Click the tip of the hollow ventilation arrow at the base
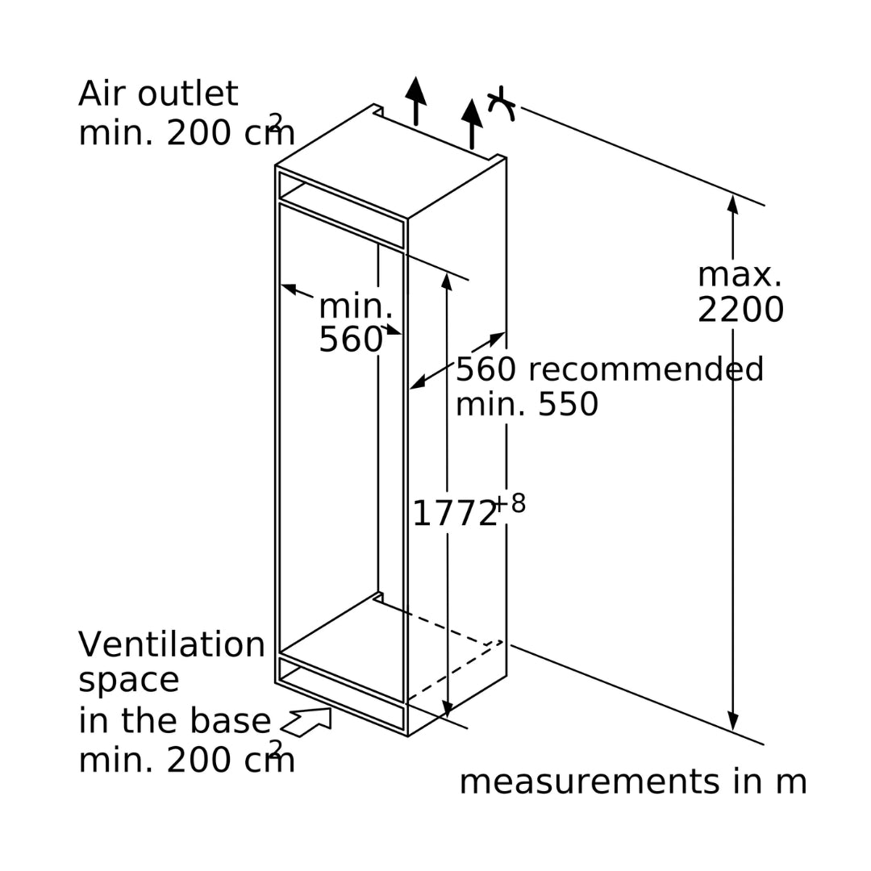(331, 709)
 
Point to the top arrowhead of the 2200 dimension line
(732, 195)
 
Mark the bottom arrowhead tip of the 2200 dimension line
(733, 731)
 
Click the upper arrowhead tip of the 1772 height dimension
(447, 273)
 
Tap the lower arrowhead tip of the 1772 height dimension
(448, 718)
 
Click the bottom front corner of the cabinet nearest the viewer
(408, 736)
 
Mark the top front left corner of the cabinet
(276, 165)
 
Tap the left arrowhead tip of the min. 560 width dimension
(281, 285)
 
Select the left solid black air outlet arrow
(415, 101)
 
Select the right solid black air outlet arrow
(472, 124)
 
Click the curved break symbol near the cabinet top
(501, 104)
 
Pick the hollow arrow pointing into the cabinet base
(306, 722)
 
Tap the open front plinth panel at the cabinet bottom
(341, 694)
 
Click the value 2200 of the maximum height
(740, 310)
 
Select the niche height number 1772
(454, 514)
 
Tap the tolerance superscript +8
(510, 503)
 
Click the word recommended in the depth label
(645, 369)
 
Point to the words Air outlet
(158, 94)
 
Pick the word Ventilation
(172, 644)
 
